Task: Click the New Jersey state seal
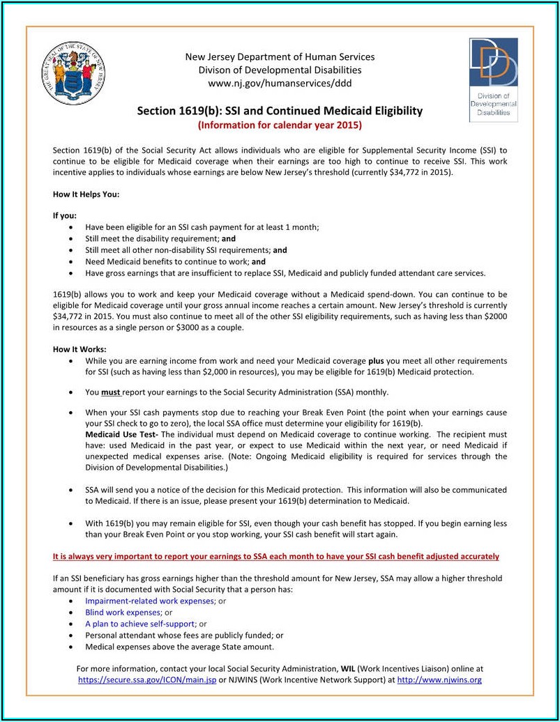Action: (73, 73)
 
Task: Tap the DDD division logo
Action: (493, 79)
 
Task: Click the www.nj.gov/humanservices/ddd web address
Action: (280, 84)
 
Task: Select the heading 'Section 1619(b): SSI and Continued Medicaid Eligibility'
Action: (280, 111)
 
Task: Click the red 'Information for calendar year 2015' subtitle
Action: (280, 125)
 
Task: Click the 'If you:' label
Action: (65, 216)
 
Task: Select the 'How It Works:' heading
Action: (80, 349)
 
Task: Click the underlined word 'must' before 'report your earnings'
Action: (111, 392)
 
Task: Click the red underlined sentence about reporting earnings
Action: (276, 556)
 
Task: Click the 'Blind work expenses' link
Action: (123, 613)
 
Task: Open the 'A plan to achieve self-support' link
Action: (140, 624)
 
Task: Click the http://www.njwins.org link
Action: (439, 679)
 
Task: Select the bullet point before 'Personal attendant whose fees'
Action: (72, 636)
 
